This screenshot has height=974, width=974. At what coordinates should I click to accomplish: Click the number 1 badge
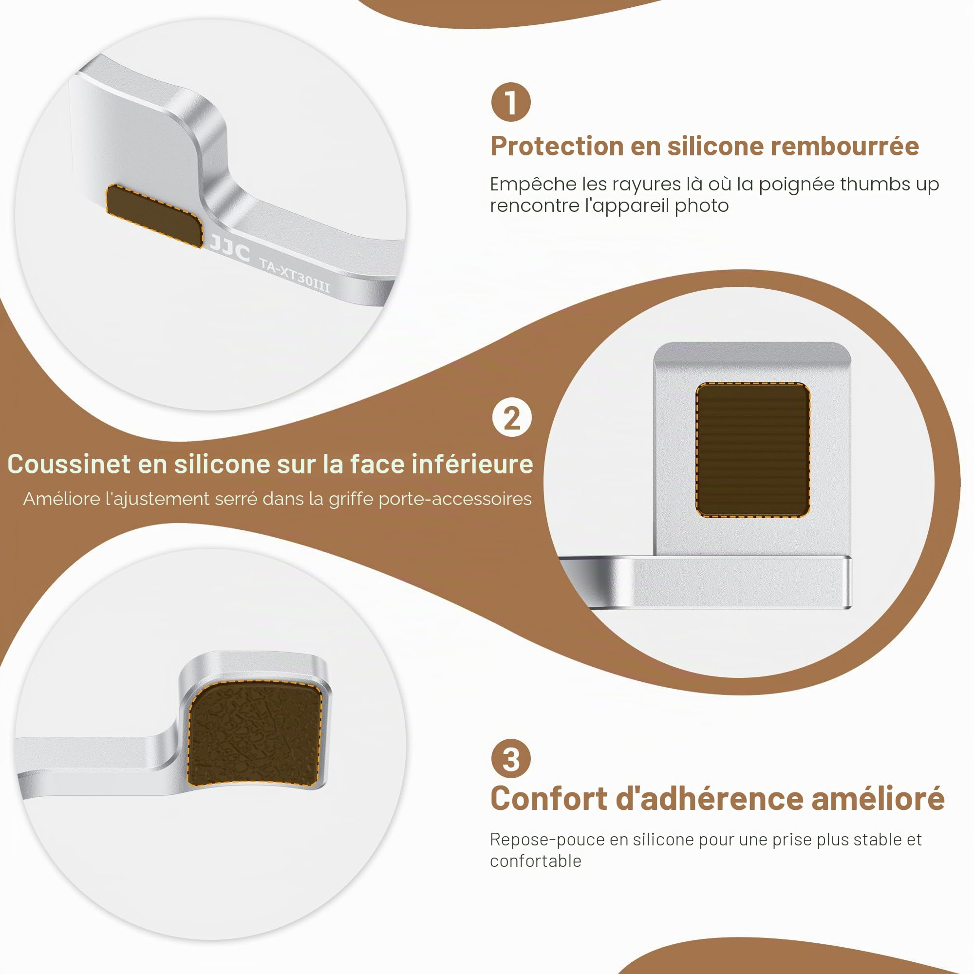pyautogui.click(x=511, y=102)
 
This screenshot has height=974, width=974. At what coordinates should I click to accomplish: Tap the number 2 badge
pyautogui.click(x=512, y=417)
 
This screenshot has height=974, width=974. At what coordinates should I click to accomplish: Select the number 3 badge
pyautogui.click(x=511, y=759)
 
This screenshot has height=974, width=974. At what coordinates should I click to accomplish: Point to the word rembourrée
pyautogui.click(x=844, y=146)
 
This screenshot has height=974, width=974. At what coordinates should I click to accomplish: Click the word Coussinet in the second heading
pyautogui.click(x=69, y=464)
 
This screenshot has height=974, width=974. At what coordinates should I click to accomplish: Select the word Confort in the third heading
pyautogui.click(x=549, y=799)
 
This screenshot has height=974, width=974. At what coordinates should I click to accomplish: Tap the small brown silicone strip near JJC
pyautogui.click(x=155, y=216)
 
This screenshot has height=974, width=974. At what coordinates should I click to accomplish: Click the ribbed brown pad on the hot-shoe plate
pyautogui.click(x=753, y=450)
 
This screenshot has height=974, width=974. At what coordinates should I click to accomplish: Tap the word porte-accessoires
pyautogui.click(x=455, y=499)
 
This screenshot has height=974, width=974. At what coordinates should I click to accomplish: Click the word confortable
pyautogui.click(x=535, y=861)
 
